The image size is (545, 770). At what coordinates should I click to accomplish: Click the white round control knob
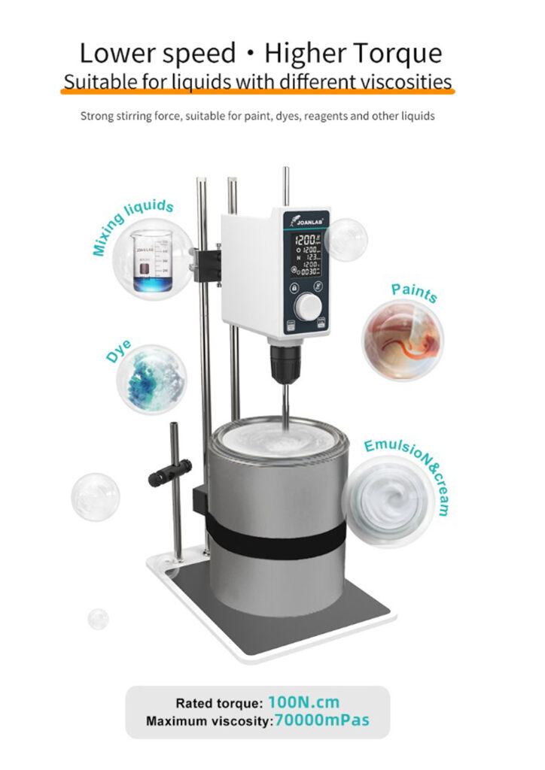(307, 305)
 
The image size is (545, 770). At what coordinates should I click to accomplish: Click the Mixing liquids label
(133, 227)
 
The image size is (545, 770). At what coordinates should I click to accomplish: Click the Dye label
(118, 351)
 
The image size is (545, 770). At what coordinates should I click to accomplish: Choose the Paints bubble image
(403, 339)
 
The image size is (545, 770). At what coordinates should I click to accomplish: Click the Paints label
(414, 293)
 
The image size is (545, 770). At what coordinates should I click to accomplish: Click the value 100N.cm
(303, 703)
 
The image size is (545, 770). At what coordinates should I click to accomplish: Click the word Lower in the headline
(119, 53)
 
